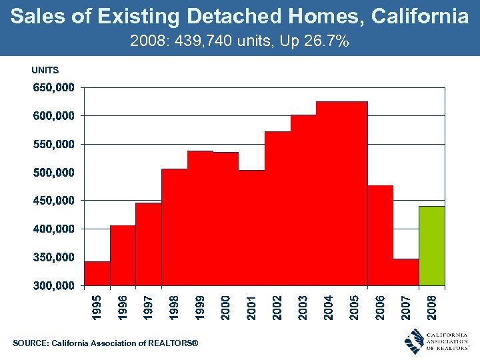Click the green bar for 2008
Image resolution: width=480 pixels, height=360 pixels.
point(431,246)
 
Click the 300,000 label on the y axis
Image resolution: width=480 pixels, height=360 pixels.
point(54,286)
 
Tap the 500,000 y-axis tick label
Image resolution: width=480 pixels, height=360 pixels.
point(54,172)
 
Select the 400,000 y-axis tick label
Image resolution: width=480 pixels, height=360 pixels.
point(54,229)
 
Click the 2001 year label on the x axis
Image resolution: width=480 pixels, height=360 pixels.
point(251,307)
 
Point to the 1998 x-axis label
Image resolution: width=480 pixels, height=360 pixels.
point(174,307)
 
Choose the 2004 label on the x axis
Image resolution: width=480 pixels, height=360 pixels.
point(329,307)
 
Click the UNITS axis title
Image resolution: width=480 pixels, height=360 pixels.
point(45,70)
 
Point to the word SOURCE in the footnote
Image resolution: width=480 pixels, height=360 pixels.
point(30,343)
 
